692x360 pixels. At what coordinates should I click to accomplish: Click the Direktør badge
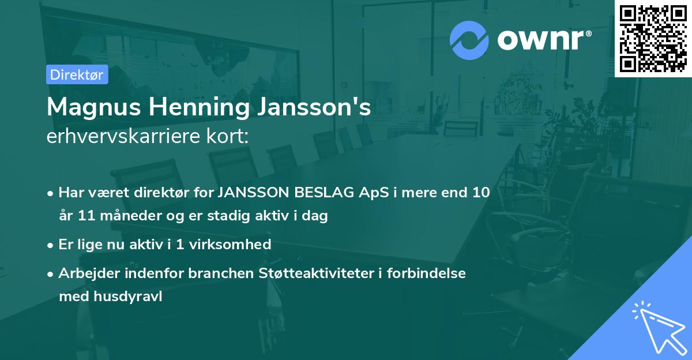(77, 74)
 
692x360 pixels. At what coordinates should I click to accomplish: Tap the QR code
(653, 38)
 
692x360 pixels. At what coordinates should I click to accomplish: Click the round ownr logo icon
(469, 40)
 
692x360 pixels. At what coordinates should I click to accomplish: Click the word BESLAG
(323, 193)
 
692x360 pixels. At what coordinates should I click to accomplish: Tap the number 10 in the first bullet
(479, 193)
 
